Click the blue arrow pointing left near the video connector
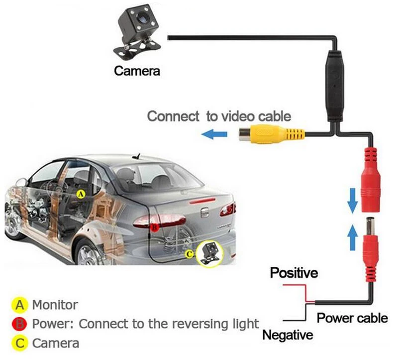point(214,133)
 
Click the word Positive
point(293,273)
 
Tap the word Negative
point(288,335)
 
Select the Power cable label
point(352,318)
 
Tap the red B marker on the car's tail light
point(154,228)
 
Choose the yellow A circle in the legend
point(20,304)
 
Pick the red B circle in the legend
point(20,324)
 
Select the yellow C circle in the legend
point(20,343)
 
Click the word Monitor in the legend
point(55,304)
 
